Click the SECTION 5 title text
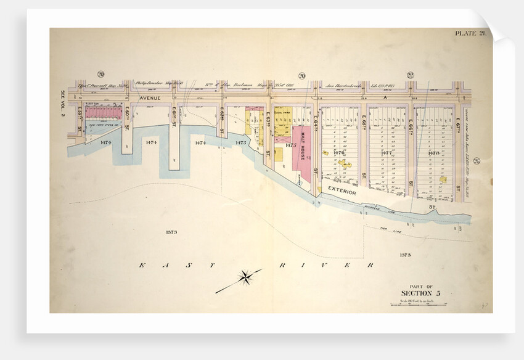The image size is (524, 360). (421, 292)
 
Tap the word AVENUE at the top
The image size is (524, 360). (150, 98)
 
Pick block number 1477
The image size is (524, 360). (388, 152)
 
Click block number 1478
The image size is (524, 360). (434, 152)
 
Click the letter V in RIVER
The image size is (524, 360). (308, 266)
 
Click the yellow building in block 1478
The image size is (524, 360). (443, 179)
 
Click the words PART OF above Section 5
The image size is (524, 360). (421, 284)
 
